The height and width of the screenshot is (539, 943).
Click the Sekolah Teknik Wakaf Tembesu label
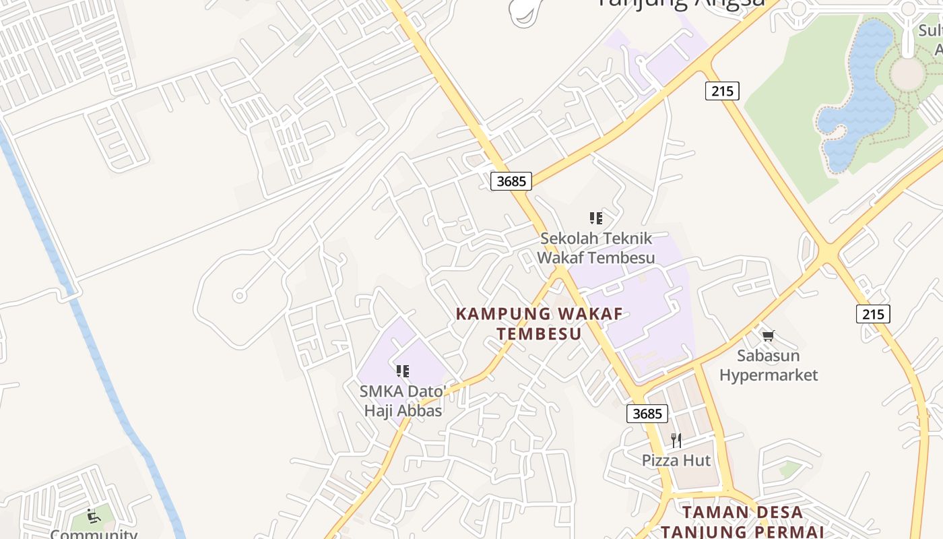(x=595, y=248)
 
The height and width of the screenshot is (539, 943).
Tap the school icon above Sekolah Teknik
(x=595, y=218)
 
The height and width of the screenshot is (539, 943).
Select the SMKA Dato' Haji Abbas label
(x=403, y=401)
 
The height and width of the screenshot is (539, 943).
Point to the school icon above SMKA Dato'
(x=403, y=371)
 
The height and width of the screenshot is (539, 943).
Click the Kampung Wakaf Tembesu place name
(x=539, y=323)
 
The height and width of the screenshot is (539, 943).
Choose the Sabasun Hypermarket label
(x=768, y=365)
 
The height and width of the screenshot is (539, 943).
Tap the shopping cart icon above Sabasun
(x=768, y=335)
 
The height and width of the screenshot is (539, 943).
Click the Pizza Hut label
(x=676, y=460)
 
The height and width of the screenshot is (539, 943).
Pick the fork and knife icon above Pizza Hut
(x=676, y=441)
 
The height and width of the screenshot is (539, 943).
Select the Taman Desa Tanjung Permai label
(x=743, y=521)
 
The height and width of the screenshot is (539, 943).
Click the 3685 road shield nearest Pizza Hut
(x=647, y=413)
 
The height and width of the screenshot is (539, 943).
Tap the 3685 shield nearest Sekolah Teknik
(x=511, y=181)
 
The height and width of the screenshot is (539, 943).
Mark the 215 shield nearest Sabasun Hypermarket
(x=873, y=313)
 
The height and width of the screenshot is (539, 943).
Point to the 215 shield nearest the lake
(x=722, y=90)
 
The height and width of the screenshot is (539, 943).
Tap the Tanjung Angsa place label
(x=680, y=4)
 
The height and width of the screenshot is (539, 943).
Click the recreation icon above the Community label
(x=94, y=517)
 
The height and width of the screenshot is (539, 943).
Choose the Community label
(x=94, y=534)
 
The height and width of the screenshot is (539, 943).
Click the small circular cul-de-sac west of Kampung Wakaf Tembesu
(x=238, y=295)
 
